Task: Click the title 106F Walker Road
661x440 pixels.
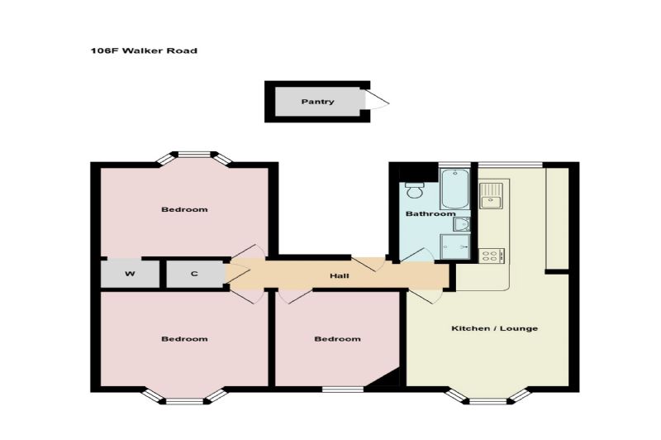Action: pyautogui.click(x=144, y=50)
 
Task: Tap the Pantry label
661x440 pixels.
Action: pyautogui.click(x=317, y=102)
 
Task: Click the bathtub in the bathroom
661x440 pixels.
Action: pyautogui.click(x=454, y=189)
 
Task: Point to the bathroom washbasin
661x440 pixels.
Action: pyautogui.click(x=462, y=224)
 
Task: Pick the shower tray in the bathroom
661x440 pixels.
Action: pyautogui.click(x=455, y=246)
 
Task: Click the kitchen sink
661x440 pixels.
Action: pyautogui.click(x=491, y=196)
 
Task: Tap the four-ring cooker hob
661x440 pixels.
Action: pyautogui.click(x=492, y=256)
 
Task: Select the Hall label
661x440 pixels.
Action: pyautogui.click(x=340, y=276)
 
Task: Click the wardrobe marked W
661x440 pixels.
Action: pyautogui.click(x=130, y=274)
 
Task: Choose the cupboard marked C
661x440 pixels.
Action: pyautogui.click(x=195, y=274)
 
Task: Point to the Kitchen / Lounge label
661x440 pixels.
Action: pyautogui.click(x=494, y=328)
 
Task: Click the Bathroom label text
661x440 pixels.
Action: pyautogui.click(x=430, y=214)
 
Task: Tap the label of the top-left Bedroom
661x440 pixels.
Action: pyautogui.click(x=184, y=209)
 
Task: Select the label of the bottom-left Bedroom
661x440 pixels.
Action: pyautogui.click(x=184, y=339)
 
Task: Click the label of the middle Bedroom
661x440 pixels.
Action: pyautogui.click(x=338, y=339)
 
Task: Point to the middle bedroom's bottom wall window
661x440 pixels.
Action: pyautogui.click(x=343, y=390)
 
